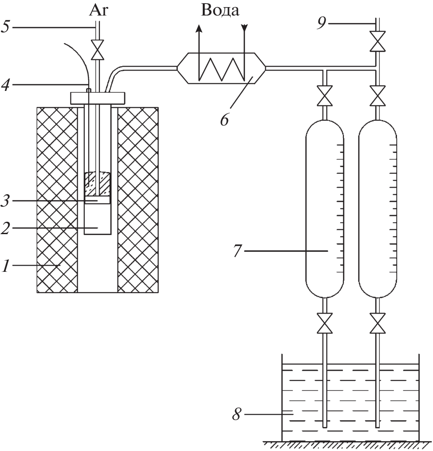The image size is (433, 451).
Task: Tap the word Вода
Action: (221, 11)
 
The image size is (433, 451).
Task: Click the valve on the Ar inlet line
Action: (97, 50)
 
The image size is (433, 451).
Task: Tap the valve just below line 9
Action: (378, 41)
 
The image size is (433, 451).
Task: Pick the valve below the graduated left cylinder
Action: (326, 322)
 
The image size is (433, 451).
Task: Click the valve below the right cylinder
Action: (378, 322)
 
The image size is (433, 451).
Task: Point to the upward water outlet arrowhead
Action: (199, 28)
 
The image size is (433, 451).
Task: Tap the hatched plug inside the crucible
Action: (97, 183)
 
